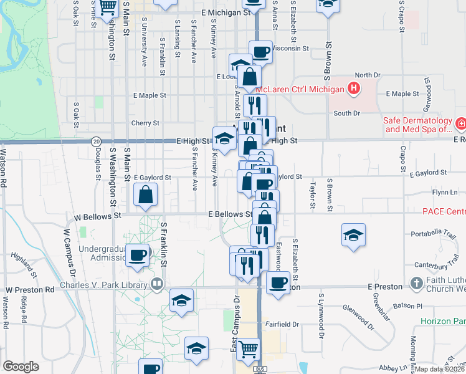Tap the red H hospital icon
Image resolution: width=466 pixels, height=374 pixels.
point(354,89)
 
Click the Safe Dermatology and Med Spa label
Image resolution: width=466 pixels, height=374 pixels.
point(418,125)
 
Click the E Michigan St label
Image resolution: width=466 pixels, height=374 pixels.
point(226,12)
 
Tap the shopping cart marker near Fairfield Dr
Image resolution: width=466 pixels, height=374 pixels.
point(248,349)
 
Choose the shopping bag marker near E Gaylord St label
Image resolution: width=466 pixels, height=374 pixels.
point(145,194)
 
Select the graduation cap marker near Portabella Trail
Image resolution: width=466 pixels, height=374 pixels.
point(353,236)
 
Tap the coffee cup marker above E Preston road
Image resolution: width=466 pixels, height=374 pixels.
point(278,282)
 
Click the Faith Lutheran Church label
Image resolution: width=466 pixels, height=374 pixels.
point(443,285)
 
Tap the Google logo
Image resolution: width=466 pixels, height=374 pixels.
point(21,366)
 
